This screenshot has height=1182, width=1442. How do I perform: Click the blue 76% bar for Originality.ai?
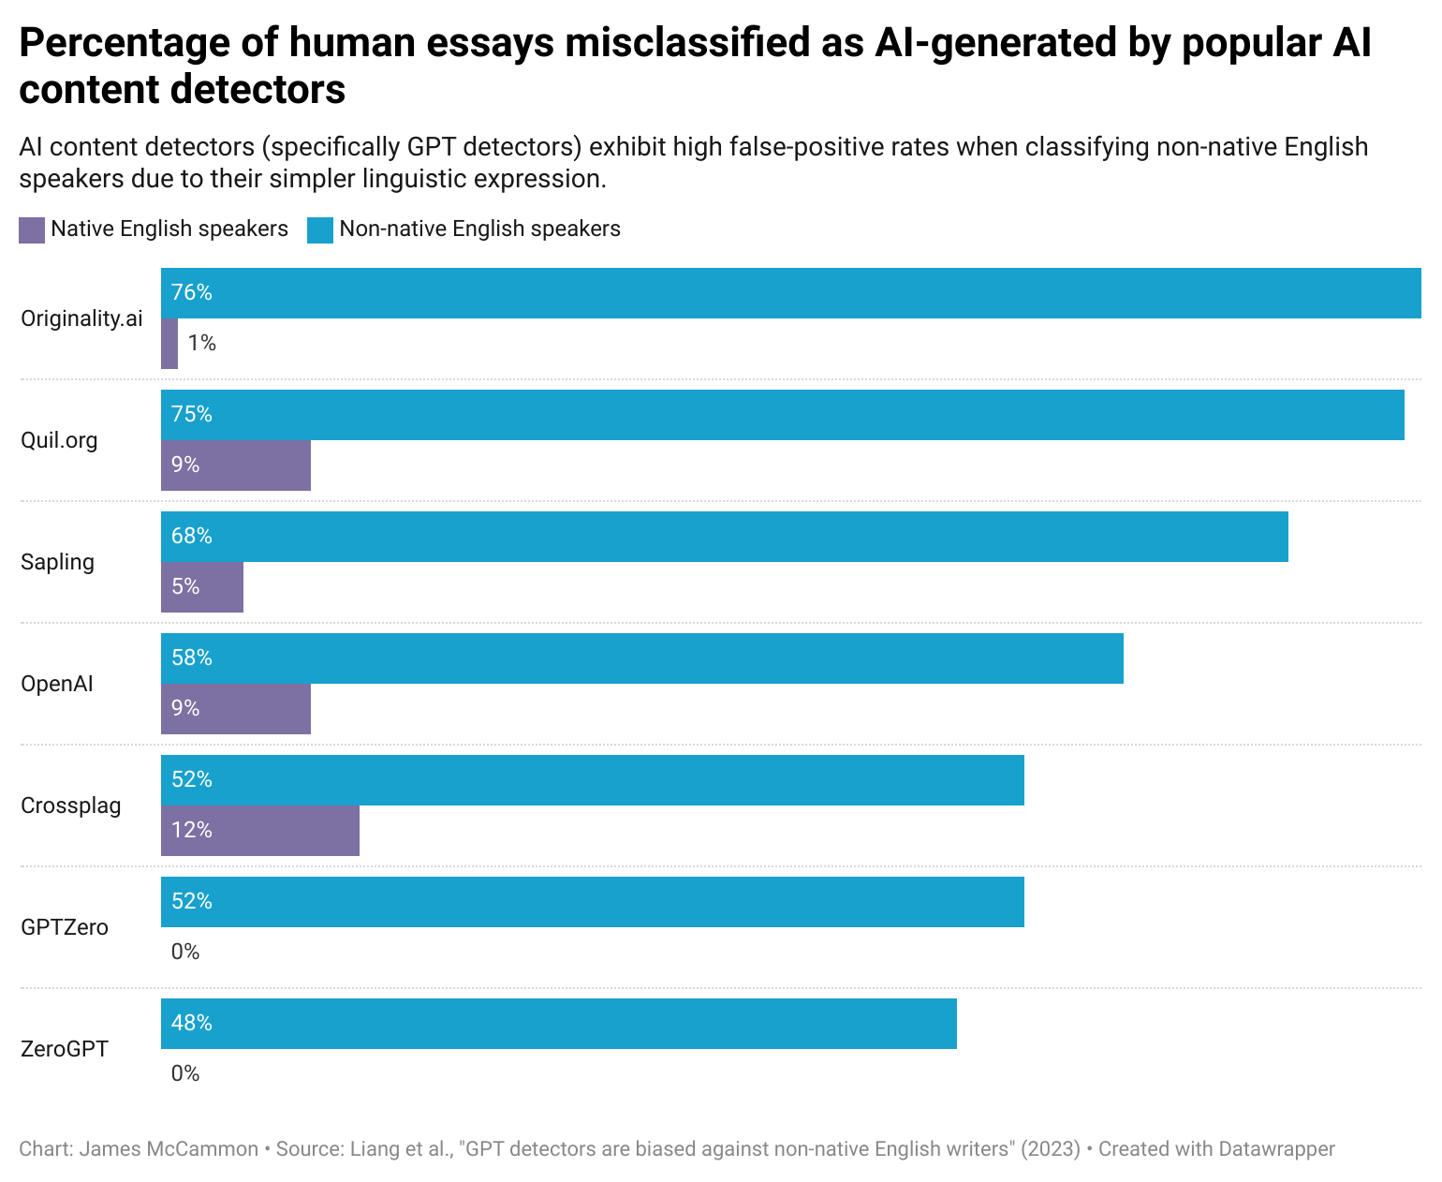[x=791, y=293]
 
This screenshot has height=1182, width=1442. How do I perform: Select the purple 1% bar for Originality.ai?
[x=169, y=344]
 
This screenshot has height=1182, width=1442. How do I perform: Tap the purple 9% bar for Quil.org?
[x=236, y=465]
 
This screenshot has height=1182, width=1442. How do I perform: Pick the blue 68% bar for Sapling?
[x=725, y=537]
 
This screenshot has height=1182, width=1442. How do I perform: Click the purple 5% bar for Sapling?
[x=202, y=587]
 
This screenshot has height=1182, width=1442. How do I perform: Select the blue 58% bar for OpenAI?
[x=642, y=658]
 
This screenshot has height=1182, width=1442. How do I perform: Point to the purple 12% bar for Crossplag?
[x=260, y=831]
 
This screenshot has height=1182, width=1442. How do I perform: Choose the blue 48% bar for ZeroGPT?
[x=559, y=1024]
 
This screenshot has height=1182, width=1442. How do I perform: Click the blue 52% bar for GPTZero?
[x=593, y=902]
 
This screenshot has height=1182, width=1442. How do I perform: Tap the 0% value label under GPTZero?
[x=185, y=953]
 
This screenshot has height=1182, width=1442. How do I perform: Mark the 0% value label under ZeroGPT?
[x=185, y=1074]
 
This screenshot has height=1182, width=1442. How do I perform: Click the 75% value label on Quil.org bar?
[x=192, y=415]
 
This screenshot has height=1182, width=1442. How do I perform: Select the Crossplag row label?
[x=71, y=805]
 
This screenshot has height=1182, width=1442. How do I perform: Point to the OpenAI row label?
[x=57, y=684]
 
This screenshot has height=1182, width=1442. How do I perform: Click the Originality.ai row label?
[x=81, y=318]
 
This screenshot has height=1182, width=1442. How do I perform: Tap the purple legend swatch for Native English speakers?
[x=32, y=230]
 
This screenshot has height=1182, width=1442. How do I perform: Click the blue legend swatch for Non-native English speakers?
[x=320, y=230]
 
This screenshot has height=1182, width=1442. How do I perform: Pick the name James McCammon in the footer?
[x=169, y=1149]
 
